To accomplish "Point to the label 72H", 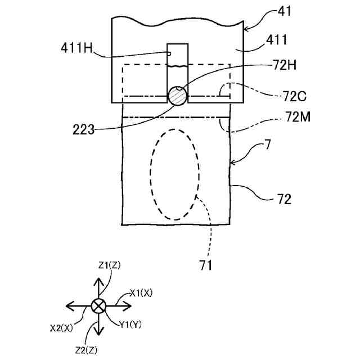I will (284, 66).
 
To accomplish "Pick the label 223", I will (83, 129).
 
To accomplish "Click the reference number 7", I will (268, 145).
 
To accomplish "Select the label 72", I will (284, 199).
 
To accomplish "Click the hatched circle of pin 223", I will (178, 95).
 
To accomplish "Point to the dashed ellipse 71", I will (174, 174).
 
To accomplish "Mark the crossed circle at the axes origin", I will (99, 305).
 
